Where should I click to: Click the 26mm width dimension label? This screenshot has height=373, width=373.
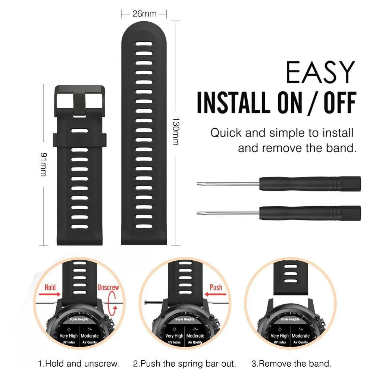coord(144,14)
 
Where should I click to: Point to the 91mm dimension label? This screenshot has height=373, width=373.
coord(44,164)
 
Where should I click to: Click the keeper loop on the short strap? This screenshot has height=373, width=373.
coord(80,140)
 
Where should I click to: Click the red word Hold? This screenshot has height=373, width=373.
coord(50,287)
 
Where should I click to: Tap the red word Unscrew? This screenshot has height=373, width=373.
coord(108,287)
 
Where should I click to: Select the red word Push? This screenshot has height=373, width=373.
coord(216,287)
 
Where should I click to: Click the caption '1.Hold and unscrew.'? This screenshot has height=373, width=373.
coord(79,363)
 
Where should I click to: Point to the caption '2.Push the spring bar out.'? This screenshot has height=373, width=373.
coord(185,363)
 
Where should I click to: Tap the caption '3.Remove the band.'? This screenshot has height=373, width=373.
coord(291,363)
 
